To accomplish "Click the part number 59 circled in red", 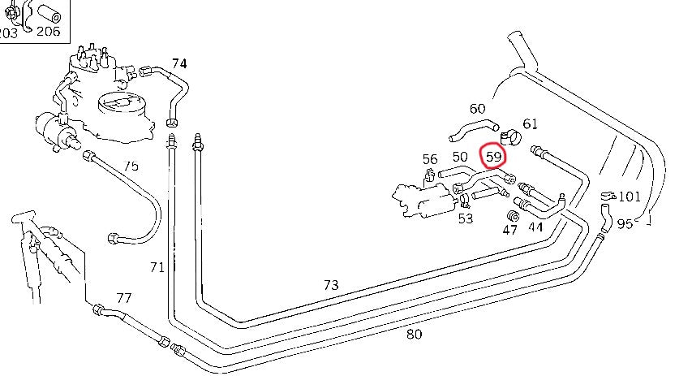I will point(493,155).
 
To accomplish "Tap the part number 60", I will point(477,108).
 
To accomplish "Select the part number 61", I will point(530,123).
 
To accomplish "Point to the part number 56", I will point(430,159).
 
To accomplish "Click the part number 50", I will point(460,157).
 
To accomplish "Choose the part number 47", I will point(509,230).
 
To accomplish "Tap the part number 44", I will point(535,228).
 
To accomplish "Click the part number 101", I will point(630,197).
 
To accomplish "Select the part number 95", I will point(624,223).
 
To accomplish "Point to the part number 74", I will point(179,63).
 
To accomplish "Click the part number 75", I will point(131,166).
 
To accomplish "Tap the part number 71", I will point(157,266).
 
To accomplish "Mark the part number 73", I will point(330,285).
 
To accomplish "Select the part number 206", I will point(48,32).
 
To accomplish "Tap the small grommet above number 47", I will point(512,215).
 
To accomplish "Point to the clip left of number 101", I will point(606,196).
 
